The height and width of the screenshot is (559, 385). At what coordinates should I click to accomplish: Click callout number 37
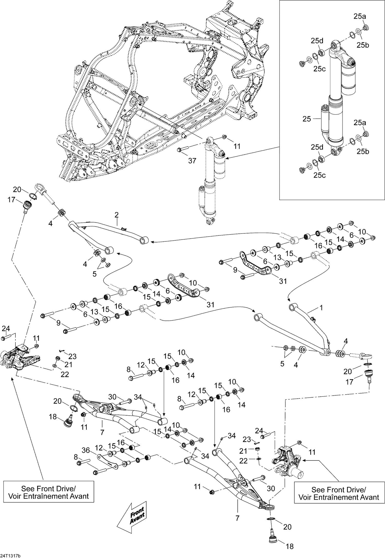coord(192,161)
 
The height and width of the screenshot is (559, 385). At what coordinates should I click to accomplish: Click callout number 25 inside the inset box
coord(306,119)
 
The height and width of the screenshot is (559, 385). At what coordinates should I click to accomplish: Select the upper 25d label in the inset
coord(317,41)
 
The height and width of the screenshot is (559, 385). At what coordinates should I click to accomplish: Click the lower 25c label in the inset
coord(320,175)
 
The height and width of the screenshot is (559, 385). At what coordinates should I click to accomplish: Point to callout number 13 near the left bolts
coord(94,312)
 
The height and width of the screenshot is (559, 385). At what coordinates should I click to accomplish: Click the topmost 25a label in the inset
coord(360,16)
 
